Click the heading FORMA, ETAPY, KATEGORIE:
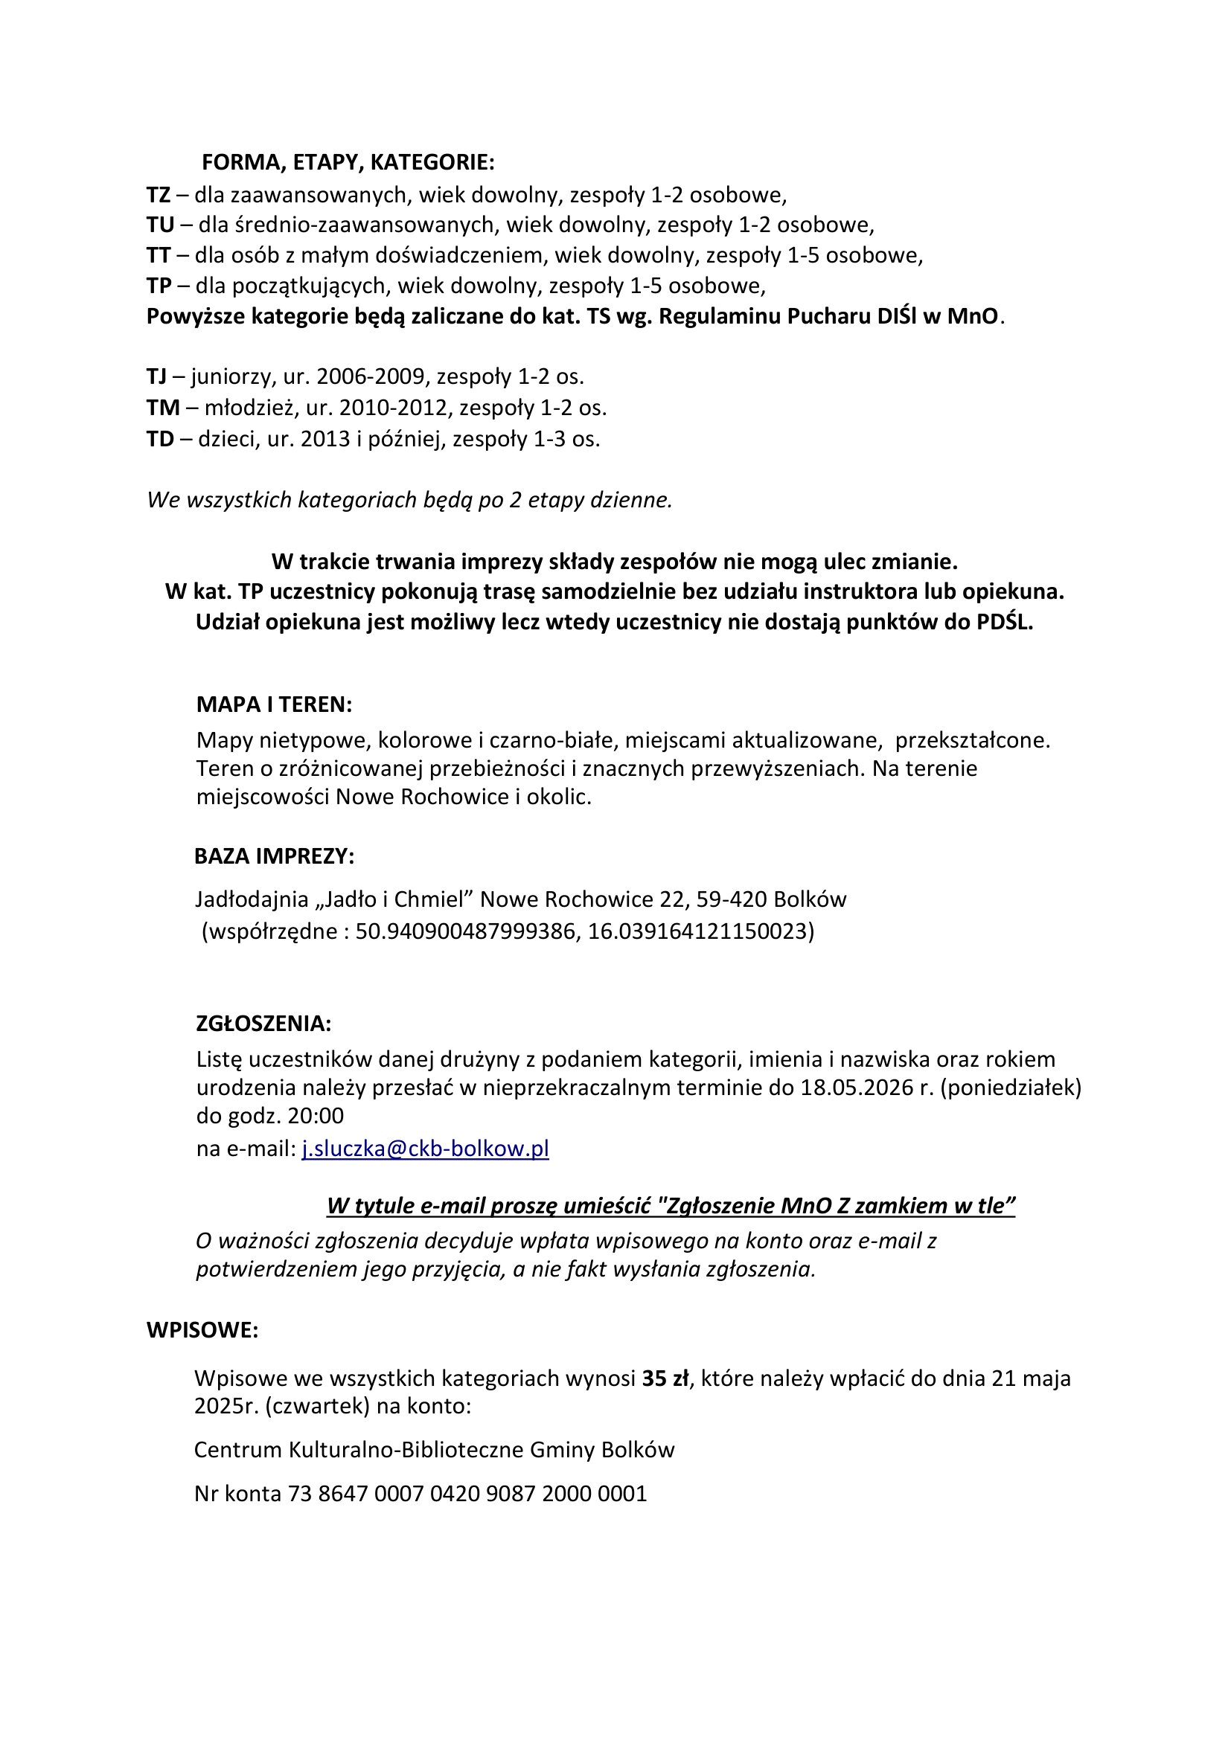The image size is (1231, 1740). pyautogui.click(x=348, y=162)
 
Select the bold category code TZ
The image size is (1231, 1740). pyautogui.click(x=159, y=195)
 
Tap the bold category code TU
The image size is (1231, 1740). pyautogui.click(x=160, y=225)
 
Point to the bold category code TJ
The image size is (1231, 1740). pyautogui.click(x=156, y=376)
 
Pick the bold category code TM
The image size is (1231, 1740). pyautogui.click(x=163, y=408)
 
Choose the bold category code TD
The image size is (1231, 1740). pyautogui.click(x=160, y=439)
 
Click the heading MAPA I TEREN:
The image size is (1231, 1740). pyautogui.click(x=274, y=704)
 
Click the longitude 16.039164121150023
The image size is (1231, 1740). pyautogui.click(x=698, y=931)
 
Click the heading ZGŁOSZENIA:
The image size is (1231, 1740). pyautogui.click(x=263, y=1023)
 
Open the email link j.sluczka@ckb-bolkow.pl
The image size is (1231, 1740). pyautogui.click(x=425, y=1149)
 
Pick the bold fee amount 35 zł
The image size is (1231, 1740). pyautogui.click(x=665, y=1378)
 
